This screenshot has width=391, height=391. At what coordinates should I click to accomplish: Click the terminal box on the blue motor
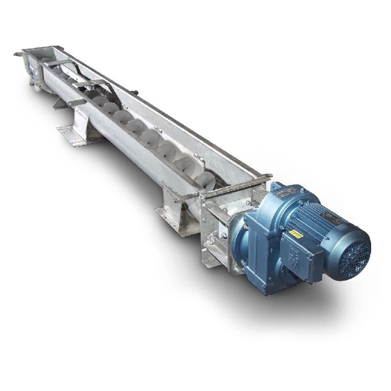[309, 254]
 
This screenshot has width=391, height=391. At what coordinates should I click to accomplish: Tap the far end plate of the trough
[34, 73]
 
